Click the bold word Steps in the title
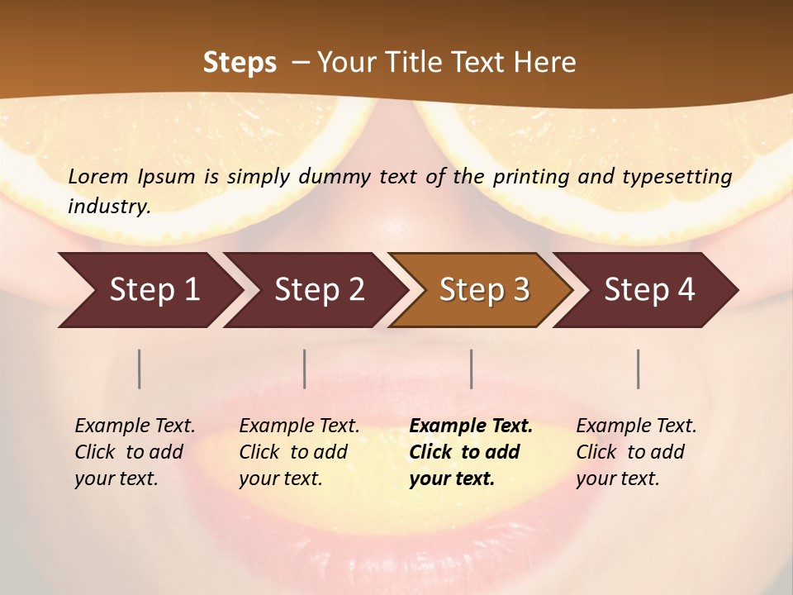click(x=240, y=63)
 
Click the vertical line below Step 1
click(x=140, y=369)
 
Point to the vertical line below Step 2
click(x=305, y=369)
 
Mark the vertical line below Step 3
click(x=471, y=369)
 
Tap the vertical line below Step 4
click(x=639, y=369)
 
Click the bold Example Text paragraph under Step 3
click(x=471, y=452)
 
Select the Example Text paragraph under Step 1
click(x=135, y=452)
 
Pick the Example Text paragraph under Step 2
click(x=299, y=452)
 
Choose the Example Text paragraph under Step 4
click(x=636, y=452)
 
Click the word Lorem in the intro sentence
click(x=98, y=177)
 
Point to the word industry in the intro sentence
click(x=108, y=207)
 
